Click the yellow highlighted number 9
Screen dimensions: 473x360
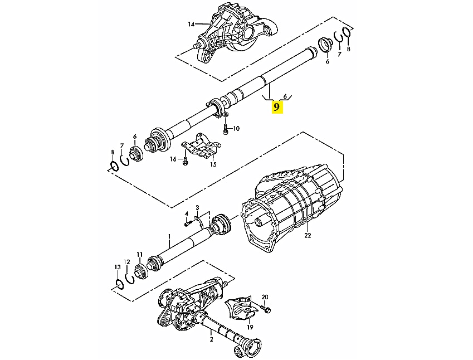pos(277,106)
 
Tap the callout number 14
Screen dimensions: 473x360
pos(191,24)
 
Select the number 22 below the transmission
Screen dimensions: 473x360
pos(308,235)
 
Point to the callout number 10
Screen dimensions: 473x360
pos(236,129)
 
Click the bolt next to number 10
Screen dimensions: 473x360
pos(225,129)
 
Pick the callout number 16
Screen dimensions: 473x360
pos(173,159)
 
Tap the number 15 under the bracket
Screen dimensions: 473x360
pos(213,164)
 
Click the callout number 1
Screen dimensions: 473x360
pos(169,236)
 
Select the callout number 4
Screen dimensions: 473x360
pos(187,214)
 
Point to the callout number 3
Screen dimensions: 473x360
pos(197,207)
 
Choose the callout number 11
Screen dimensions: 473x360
pos(139,254)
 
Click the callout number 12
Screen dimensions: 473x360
pos(126,262)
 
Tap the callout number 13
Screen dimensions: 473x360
pos(118,267)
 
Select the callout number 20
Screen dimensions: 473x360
pos(265,297)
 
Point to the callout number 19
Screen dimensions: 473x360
pos(250,327)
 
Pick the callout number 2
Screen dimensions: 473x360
pos(212,339)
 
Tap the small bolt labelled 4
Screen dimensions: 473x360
pos(187,224)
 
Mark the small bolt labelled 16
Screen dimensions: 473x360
pos(185,161)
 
